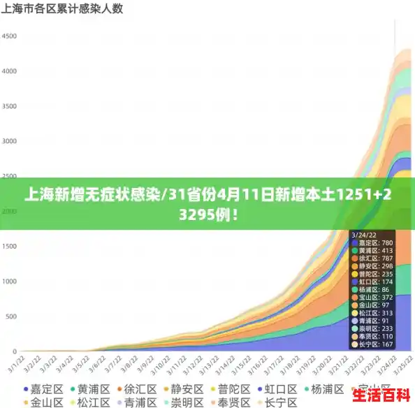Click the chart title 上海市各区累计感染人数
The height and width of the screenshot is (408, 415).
coord(63,9)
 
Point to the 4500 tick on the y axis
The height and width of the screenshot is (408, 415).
coord(9,35)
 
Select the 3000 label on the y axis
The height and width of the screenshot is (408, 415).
coord(9,140)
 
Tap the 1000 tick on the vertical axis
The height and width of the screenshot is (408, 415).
coord(9,281)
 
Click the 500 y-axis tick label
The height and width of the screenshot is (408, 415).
coord(10,316)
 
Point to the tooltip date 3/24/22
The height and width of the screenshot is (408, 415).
coord(365,234)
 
